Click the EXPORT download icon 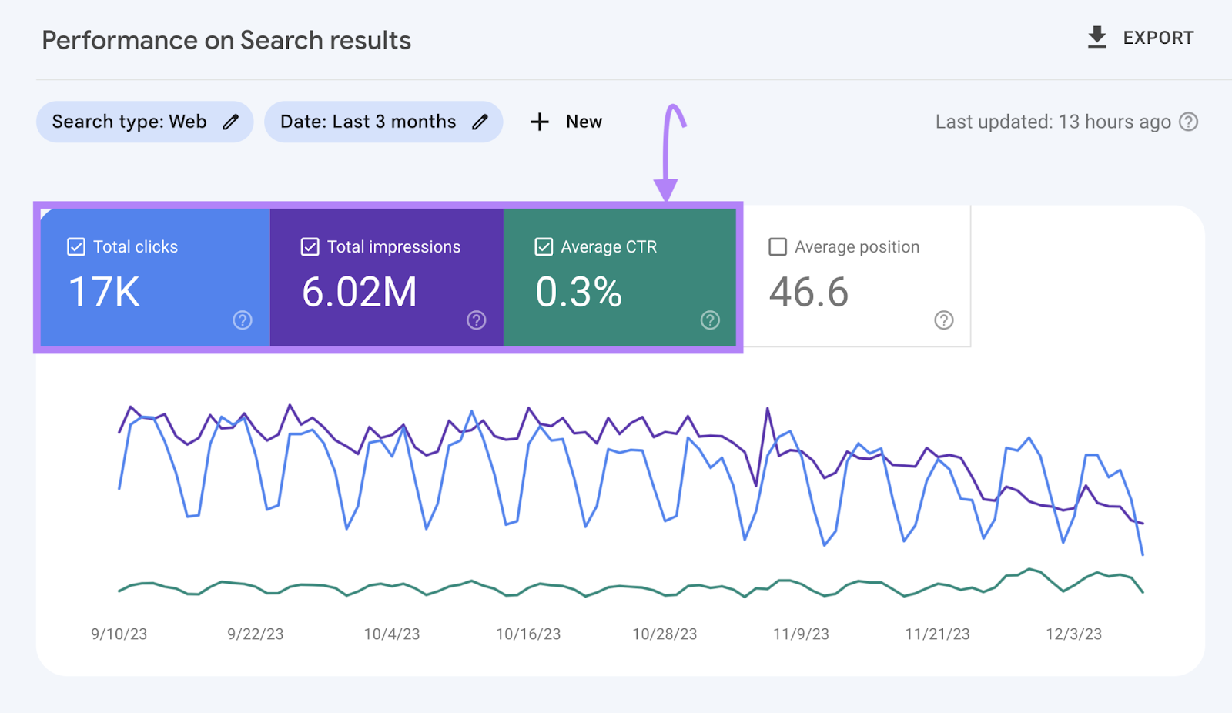point(1097,37)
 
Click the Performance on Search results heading point(226,40)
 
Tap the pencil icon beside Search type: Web point(230,122)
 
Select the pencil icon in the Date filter point(480,122)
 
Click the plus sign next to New point(540,122)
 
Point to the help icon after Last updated point(1189,122)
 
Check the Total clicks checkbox point(76,247)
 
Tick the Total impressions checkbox point(310,247)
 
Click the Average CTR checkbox point(544,247)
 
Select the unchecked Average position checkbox point(778,247)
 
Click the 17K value point(104,293)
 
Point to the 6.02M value point(359,293)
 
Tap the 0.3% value point(578,293)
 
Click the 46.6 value point(808,293)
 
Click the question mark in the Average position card point(944,320)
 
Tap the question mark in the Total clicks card point(243,320)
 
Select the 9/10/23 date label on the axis point(119,634)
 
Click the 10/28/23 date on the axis point(665,634)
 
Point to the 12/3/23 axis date point(1073,634)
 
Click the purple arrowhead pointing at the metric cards point(666,189)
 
